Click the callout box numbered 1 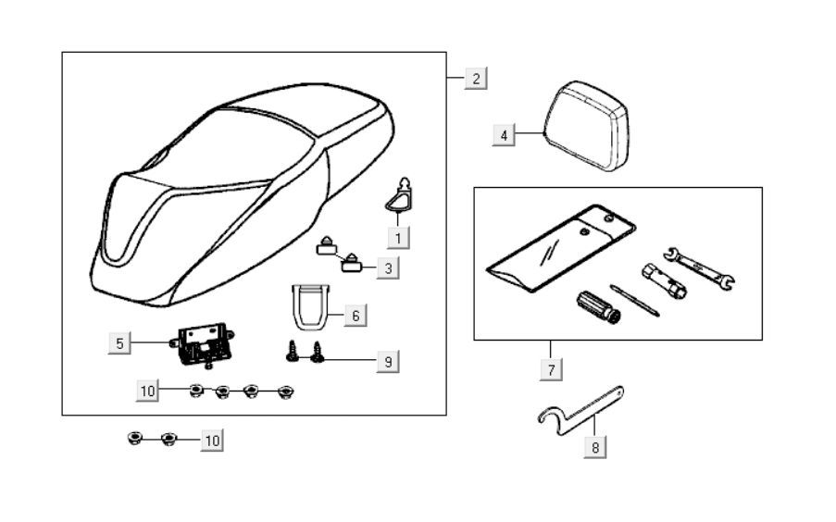(x=398, y=238)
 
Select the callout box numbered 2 (x=475, y=78)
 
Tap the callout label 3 (x=388, y=268)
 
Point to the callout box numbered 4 (x=504, y=135)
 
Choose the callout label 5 (x=119, y=343)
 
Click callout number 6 (x=355, y=316)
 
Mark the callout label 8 (x=595, y=448)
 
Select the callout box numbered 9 (x=388, y=361)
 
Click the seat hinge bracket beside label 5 (x=201, y=342)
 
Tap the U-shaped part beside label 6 (x=307, y=306)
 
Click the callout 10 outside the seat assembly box (x=212, y=441)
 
